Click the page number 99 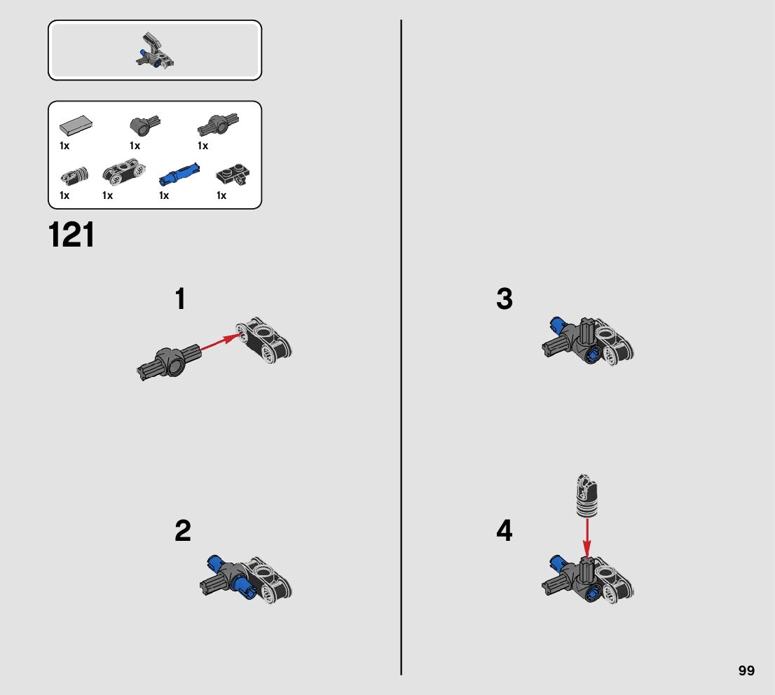pos(746,670)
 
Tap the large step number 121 pos(71,235)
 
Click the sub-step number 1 pos(180,298)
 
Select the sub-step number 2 pos(182,530)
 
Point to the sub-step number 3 pos(504,298)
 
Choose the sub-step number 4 pos(504,530)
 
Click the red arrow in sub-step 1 pos(221,342)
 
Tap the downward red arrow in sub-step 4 pos(587,537)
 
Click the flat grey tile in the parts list pos(76,125)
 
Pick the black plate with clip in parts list pos(233,175)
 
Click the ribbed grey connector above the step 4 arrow pos(587,496)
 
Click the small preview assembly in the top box pos(155,50)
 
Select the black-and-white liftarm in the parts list pos(124,171)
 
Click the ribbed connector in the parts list pos(75,176)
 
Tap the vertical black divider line pos(401,347)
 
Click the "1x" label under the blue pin pos(163,195)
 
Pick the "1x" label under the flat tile pos(64,146)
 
